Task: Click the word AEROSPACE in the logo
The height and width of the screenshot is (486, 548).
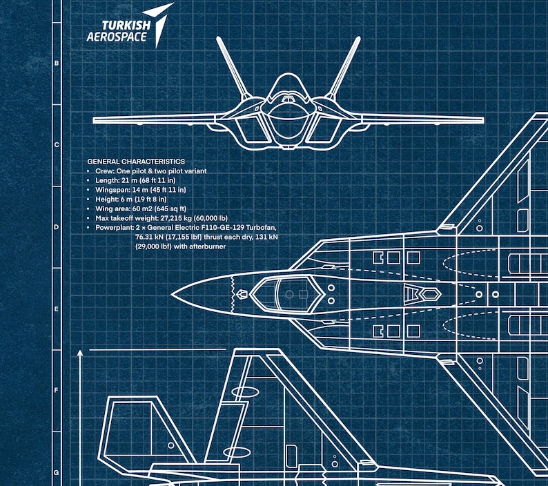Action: point(117,37)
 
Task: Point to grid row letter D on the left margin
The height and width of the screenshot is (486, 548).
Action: point(57,227)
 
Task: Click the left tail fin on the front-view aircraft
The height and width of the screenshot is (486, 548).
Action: point(233,67)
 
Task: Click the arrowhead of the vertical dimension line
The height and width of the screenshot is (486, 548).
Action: point(81,354)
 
